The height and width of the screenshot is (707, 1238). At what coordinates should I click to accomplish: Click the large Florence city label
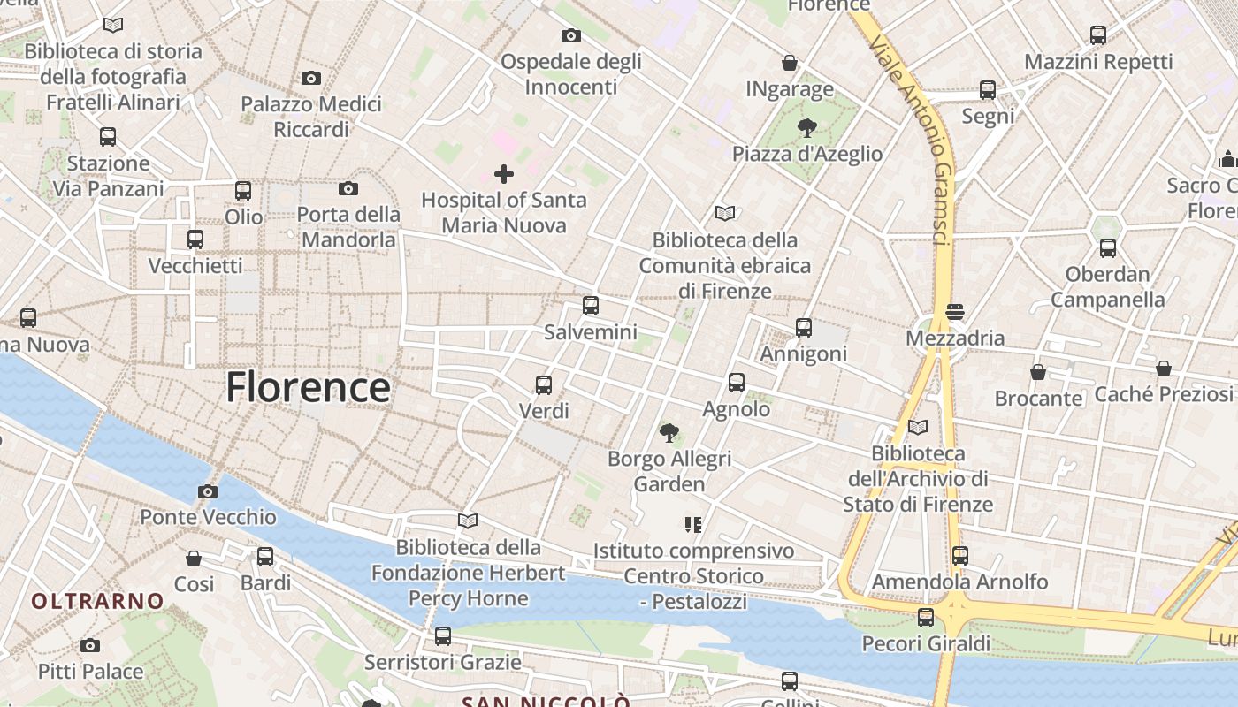(x=308, y=387)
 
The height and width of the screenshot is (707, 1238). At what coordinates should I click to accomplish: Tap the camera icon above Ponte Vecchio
(x=208, y=492)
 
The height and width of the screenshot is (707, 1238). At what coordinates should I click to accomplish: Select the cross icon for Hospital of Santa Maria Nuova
(x=504, y=173)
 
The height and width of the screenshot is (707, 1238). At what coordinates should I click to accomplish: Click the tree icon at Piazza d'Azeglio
(x=806, y=128)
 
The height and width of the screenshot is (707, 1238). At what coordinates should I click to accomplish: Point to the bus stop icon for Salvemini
(x=591, y=307)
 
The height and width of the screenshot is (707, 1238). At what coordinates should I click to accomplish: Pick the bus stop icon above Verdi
(x=544, y=385)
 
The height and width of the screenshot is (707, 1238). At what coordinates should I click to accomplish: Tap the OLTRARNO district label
(x=98, y=602)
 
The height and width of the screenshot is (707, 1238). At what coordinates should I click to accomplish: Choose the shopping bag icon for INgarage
(x=790, y=64)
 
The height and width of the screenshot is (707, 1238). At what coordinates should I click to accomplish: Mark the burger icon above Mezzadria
(x=954, y=312)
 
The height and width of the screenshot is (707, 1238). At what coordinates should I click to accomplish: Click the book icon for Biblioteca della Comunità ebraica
(x=725, y=214)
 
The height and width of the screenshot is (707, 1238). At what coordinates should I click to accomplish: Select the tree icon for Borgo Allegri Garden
(x=669, y=433)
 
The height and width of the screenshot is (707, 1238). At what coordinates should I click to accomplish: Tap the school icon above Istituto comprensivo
(x=693, y=525)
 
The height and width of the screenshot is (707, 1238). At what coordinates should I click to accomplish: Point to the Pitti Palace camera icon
(x=90, y=646)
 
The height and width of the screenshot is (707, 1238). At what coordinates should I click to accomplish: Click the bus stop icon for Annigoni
(x=804, y=328)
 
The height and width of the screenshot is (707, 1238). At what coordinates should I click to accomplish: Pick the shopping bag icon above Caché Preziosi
(x=1164, y=369)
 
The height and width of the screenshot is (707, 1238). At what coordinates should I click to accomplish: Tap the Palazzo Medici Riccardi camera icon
(x=311, y=79)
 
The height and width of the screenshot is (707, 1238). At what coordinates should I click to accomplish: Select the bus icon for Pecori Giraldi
(x=926, y=618)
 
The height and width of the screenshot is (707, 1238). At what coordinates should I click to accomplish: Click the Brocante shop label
(x=1038, y=399)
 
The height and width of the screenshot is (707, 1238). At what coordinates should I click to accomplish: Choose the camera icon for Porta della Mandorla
(x=348, y=188)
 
